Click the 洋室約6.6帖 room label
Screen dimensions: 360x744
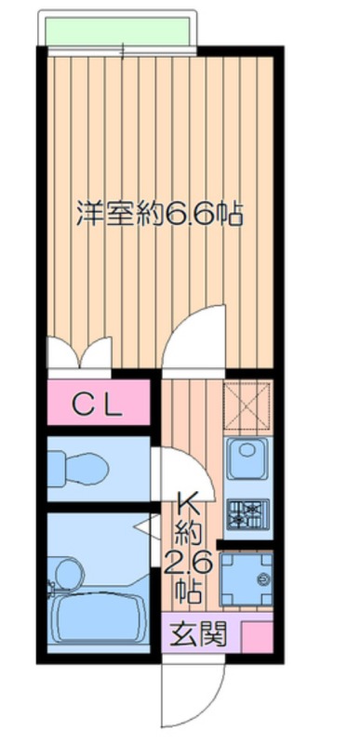coord(160,215)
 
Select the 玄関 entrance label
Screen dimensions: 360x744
coord(199,632)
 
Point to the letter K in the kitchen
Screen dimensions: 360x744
coord(187,504)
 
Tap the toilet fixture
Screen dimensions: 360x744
coord(78,469)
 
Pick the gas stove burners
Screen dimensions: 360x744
coord(248,514)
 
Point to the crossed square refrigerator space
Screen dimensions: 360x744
coord(247,406)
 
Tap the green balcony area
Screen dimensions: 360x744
coord(117,31)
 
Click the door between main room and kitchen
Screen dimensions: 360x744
coord(193,337)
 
